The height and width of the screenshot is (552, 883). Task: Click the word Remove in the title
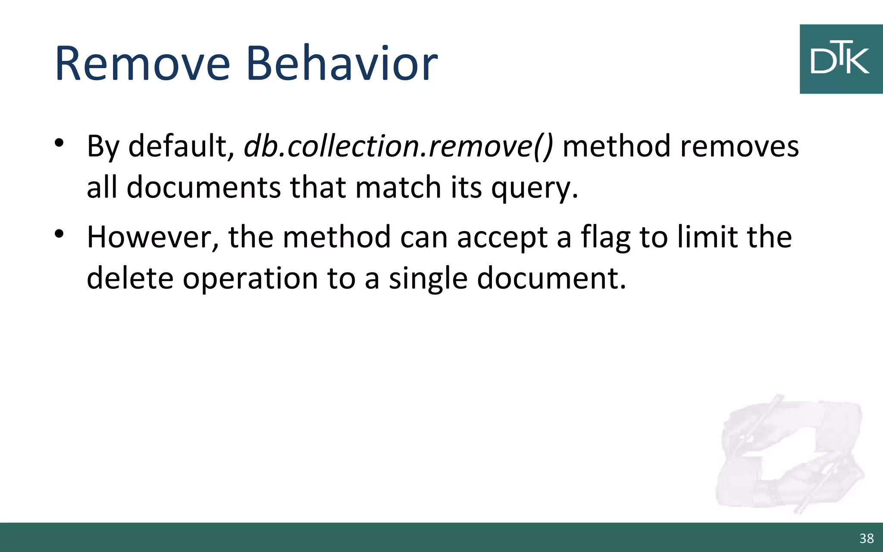pos(142,64)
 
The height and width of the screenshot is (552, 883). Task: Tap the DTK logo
pos(840,59)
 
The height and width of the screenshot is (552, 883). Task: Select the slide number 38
pos(866,538)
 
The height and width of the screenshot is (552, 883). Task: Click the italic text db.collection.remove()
pos(398,146)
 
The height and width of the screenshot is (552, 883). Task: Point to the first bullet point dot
pos(59,142)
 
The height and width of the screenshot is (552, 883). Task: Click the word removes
pos(739,146)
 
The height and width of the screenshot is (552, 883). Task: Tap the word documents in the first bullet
pos(204,188)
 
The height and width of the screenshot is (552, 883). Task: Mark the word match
pos(398,188)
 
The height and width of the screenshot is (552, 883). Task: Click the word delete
pos(130,278)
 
